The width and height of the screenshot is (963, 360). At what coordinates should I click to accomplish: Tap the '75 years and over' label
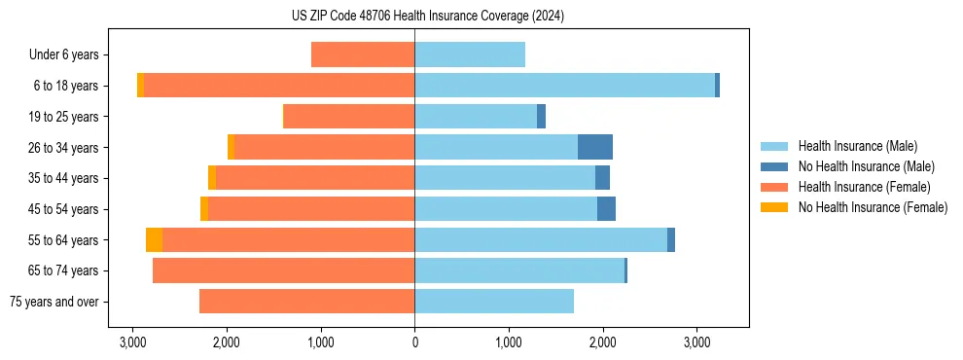(x=53, y=302)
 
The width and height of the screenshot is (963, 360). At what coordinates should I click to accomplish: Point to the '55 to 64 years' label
(x=64, y=240)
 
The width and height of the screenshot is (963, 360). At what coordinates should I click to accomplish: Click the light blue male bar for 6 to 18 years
(x=564, y=86)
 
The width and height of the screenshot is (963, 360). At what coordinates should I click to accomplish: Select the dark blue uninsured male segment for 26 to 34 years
(x=595, y=147)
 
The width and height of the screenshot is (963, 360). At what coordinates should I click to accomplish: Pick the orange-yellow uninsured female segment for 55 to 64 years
(x=154, y=240)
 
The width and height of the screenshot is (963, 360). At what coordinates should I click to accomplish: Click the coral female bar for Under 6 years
(x=363, y=55)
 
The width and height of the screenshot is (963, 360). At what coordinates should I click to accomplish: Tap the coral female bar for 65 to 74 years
(x=283, y=270)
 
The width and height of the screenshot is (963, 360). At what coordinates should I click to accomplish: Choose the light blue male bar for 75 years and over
(x=494, y=302)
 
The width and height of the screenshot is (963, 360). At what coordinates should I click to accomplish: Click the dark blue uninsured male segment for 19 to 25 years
(x=541, y=117)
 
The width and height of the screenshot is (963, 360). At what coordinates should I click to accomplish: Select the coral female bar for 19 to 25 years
(x=348, y=117)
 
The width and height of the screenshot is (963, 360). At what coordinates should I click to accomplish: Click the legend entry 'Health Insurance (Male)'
(x=857, y=146)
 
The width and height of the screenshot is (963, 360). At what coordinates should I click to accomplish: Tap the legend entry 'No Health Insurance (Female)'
(x=873, y=207)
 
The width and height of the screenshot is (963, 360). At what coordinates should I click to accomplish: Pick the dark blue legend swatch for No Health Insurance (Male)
(x=774, y=166)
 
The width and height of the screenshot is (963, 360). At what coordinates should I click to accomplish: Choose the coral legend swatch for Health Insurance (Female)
(x=774, y=187)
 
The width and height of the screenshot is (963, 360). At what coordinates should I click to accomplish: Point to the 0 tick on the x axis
(x=414, y=343)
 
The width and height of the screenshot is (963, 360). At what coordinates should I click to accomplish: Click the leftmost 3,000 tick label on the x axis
(x=133, y=343)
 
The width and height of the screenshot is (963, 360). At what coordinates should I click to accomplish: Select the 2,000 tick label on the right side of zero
(x=602, y=343)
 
